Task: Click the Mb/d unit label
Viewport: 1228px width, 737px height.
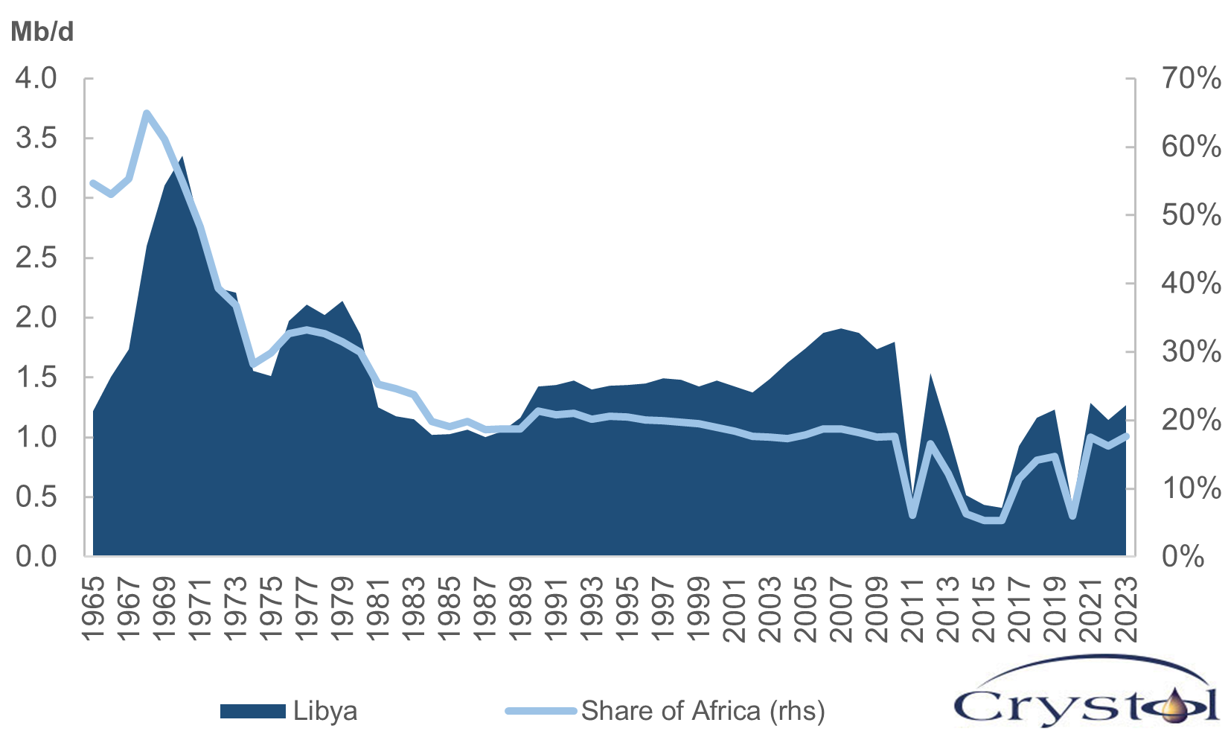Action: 42,32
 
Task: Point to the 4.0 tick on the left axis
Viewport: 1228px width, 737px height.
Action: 36,78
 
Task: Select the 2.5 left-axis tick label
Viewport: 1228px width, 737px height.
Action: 36,258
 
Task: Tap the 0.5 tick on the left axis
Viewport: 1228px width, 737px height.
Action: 36,497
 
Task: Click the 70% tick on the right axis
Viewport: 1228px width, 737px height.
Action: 1190,78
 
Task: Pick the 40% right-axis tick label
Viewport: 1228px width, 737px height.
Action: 1190,284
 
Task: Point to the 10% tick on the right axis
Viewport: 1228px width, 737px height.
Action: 1190,488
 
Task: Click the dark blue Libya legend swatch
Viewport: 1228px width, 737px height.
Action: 252,711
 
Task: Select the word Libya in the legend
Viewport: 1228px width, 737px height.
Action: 325,711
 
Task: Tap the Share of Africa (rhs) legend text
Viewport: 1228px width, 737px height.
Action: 703,711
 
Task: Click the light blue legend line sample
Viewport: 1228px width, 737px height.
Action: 541,711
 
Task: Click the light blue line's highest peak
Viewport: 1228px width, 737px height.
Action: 147,113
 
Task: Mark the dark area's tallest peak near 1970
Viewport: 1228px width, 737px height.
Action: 182,157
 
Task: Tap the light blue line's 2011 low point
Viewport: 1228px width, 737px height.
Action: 913,515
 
